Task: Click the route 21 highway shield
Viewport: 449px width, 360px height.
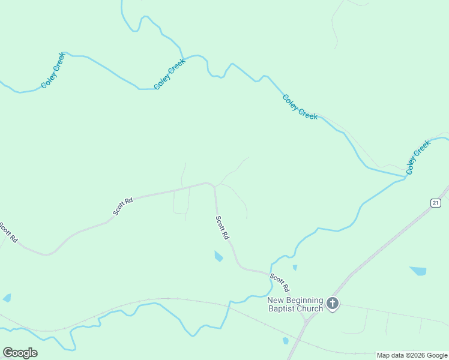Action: coord(436,203)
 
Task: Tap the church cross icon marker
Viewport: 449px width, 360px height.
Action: coord(333,304)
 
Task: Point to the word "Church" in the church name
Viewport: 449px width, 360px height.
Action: coord(311,309)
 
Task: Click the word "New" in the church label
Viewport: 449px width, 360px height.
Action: coord(276,300)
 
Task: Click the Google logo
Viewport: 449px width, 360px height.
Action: coord(20,353)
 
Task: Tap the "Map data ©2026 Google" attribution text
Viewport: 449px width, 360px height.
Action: coord(412,355)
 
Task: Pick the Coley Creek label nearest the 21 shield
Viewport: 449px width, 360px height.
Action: coord(418,157)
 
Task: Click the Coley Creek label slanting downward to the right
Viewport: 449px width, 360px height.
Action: coord(300,107)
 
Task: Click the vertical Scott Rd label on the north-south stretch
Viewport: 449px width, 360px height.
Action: coord(222,228)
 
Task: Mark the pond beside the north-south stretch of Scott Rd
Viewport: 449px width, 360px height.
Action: coord(218,257)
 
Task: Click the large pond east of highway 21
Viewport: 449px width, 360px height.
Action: coord(418,271)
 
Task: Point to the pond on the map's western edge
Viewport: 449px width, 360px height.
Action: coord(7,298)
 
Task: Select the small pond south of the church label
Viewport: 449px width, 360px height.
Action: coord(285,341)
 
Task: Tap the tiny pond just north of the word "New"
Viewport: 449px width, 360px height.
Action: coord(294,268)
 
